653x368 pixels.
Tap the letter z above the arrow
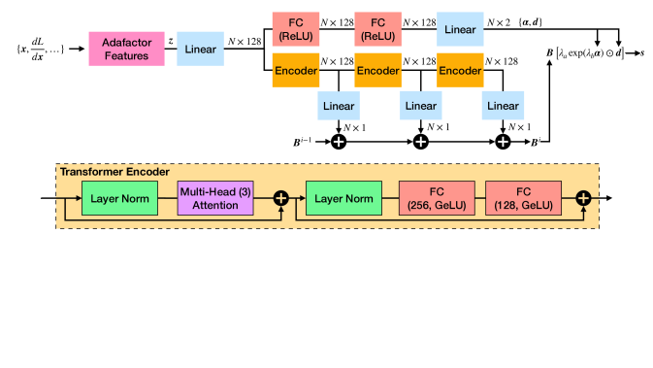click(x=171, y=41)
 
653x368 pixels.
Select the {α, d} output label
click(x=562, y=20)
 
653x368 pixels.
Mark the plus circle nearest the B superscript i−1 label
click(x=340, y=142)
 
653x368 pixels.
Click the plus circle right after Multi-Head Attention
click(x=281, y=198)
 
